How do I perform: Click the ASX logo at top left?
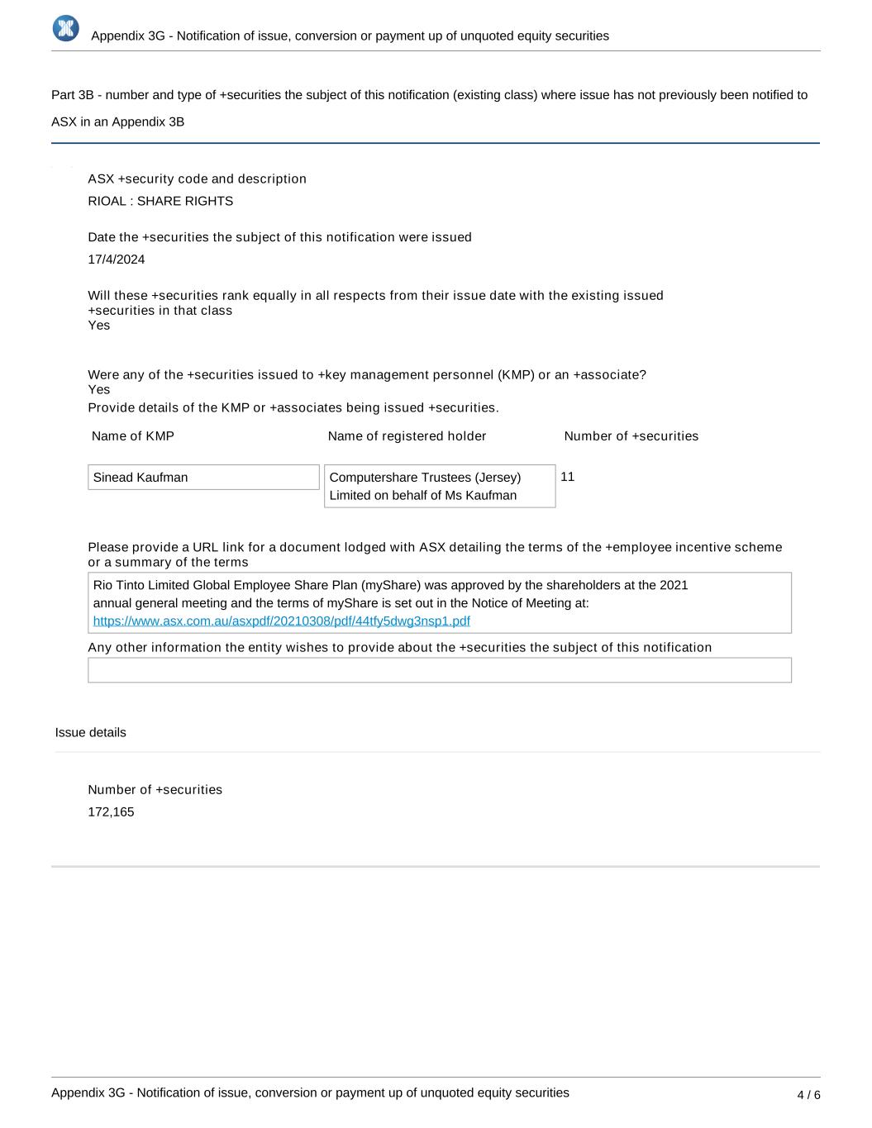pyautogui.click(x=65, y=28)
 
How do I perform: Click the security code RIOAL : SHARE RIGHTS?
pyautogui.click(x=160, y=201)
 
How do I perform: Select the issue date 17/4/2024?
pyautogui.click(x=117, y=259)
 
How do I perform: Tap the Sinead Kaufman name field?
pyautogui.click(x=203, y=478)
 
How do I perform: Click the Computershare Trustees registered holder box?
pyautogui.click(x=440, y=486)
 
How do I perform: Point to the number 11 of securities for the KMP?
pyautogui.click(x=567, y=477)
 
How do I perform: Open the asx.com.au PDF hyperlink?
pyautogui.click(x=281, y=621)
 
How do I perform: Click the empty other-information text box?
pyautogui.click(x=440, y=670)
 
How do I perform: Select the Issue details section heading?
pyautogui.click(x=91, y=732)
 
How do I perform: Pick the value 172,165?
pyautogui.click(x=111, y=811)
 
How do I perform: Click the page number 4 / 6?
pyautogui.click(x=808, y=1095)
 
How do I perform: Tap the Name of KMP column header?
pyautogui.click(x=133, y=435)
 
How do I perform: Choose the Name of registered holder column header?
pyautogui.click(x=407, y=435)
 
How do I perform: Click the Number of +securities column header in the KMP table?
pyautogui.click(x=631, y=435)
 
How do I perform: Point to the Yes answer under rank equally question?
pyautogui.click(x=99, y=326)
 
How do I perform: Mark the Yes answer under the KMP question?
pyautogui.click(x=99, y=390)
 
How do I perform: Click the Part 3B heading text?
pyautogui.click(x=429, y=95)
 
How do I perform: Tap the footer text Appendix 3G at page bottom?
pyautogui.click(x=310, y=1092)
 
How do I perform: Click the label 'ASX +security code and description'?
pyautogui.click(x=197, y=178)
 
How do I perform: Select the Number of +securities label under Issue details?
pyautogui.click(x=155, y=789)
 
